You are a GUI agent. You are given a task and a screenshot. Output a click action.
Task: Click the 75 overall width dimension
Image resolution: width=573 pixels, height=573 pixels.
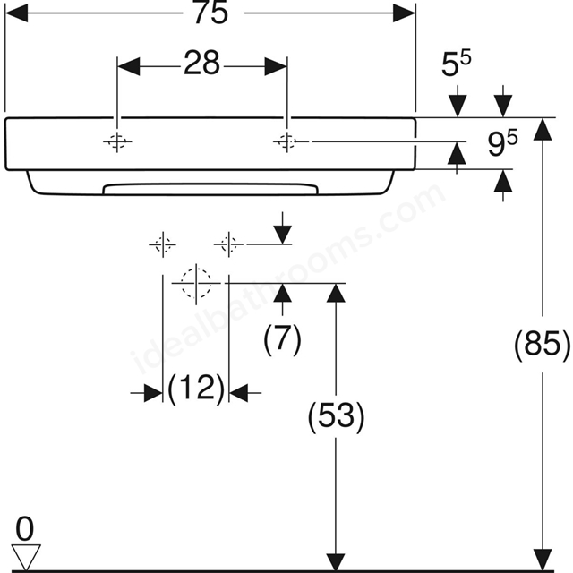click(211, 13)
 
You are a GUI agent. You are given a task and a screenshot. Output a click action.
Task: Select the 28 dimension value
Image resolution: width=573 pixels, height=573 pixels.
click(201, 63)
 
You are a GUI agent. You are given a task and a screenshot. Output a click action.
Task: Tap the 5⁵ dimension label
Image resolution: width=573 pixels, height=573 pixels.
click(456, 64)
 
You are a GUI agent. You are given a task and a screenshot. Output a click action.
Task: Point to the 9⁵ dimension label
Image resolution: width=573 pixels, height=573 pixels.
click(502, 143)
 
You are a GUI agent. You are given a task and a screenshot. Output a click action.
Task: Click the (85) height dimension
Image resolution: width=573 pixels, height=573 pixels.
click(542, 345)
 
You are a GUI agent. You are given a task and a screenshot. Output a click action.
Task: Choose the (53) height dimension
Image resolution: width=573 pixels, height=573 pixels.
click(337, 416)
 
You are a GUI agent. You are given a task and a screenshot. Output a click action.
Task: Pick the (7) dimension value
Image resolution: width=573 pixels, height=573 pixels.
click(282, 338)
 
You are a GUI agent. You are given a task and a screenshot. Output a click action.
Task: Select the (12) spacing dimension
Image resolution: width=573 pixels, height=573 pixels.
click(196, 388)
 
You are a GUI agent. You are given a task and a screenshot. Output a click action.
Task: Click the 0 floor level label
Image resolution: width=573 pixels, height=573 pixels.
click(25, 529)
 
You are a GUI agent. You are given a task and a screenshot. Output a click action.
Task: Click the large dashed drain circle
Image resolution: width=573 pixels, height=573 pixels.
click(196, 283)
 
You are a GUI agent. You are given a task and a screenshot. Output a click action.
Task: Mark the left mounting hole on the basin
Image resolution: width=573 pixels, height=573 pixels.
click(117, 141)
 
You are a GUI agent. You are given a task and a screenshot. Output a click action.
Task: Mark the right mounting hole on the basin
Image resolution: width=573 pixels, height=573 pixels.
click(287, 141)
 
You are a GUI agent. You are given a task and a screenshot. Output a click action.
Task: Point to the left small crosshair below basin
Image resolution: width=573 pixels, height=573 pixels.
click(163, 244)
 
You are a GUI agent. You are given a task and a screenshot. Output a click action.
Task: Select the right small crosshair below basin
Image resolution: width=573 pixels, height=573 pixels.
click(228, 244)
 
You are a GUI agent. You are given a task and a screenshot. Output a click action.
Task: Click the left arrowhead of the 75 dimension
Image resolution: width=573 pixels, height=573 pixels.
click(16, 13)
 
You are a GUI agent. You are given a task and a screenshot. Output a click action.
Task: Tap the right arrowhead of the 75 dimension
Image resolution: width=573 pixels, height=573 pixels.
click(404, 13)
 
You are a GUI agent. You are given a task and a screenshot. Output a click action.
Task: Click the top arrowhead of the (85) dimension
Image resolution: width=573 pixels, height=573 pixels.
click(543, 129)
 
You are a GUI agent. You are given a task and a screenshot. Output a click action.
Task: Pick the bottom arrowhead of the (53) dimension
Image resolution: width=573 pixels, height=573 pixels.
click(336, 559)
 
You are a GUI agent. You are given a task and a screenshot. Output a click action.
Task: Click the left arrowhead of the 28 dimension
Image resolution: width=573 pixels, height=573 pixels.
click(129, 66)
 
